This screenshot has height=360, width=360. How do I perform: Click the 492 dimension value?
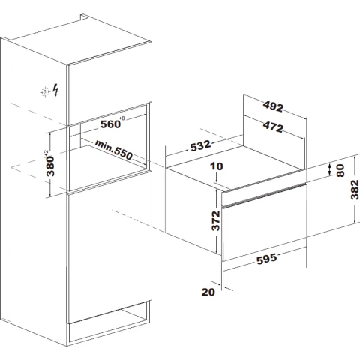click(x=273, y=106)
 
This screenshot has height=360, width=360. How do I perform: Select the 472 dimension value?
click(x=273, y=127)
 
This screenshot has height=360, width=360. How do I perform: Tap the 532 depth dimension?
click(x=200, y=145)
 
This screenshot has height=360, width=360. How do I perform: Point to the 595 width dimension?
click(x=267, y=259)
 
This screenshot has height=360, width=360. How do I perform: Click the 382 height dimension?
click(x=355, y=190)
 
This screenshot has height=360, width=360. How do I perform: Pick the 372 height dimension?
click(x=216, y=220)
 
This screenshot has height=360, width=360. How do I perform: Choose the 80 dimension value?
click(x=340, y=171)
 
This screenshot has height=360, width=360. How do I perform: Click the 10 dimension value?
click(x=217, y=166)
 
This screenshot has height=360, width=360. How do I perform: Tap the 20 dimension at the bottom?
click(x=208, y=292)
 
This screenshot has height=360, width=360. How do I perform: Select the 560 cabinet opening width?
click(x=110, y=124)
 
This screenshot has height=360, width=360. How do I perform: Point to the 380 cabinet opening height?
click(x=50, y=166)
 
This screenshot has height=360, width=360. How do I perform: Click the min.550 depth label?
click(x=114, y=150)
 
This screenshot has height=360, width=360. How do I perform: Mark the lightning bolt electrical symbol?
click(x=56, y=90)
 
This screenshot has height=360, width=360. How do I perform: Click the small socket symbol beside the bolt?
click(x=45, y=92)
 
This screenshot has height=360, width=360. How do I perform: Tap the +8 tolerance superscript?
click(x=122, y=118)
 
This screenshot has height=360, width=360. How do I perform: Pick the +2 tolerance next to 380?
click(x=46, y=153)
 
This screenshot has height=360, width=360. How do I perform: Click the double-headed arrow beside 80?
click(x=330, y=169)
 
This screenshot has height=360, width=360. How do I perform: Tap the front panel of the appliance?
click(x=265, y=222)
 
